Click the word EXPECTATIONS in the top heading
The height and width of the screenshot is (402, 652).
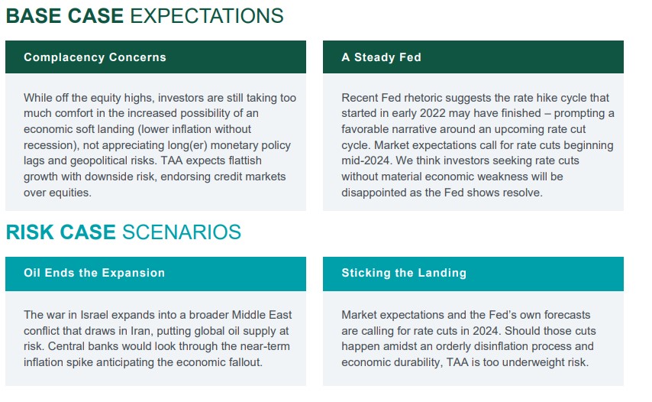[207, 16]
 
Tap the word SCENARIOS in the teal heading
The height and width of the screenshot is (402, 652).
[182, 232]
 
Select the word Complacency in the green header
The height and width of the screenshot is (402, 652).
[63, 57]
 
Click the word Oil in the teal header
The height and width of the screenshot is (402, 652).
[32, 273]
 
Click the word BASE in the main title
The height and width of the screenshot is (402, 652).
[34, 16]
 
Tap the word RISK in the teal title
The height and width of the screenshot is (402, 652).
[30, 232]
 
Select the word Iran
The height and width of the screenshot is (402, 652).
[140, 331]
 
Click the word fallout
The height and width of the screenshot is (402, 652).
[246, 362]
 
